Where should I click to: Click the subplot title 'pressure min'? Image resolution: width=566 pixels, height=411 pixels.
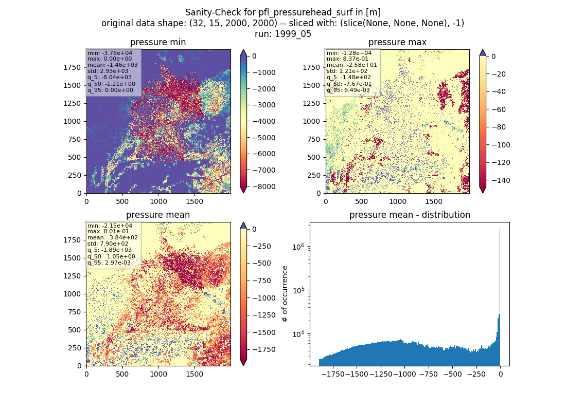(x=158, y=42)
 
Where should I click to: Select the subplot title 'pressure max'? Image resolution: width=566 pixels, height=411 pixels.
(x=397, y=42)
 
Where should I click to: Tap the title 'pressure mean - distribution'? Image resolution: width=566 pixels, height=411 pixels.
(x=410, y=215)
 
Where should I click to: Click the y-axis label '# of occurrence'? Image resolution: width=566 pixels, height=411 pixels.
(x=285, y=294)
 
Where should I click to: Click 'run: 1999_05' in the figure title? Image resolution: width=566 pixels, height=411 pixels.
(x=282, y=34)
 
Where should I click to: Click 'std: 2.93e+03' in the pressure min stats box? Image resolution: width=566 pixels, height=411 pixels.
(x=108, y=71)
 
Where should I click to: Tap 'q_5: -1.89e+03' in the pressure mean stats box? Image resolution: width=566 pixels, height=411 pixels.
(x=110, y=250)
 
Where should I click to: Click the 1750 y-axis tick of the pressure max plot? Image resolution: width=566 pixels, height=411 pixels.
(x=311, y=67)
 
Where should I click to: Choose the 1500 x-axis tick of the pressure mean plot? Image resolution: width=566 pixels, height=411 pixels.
(x=194, y=374)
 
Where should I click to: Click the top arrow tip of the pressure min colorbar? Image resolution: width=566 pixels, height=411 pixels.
(x=244, y=50)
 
